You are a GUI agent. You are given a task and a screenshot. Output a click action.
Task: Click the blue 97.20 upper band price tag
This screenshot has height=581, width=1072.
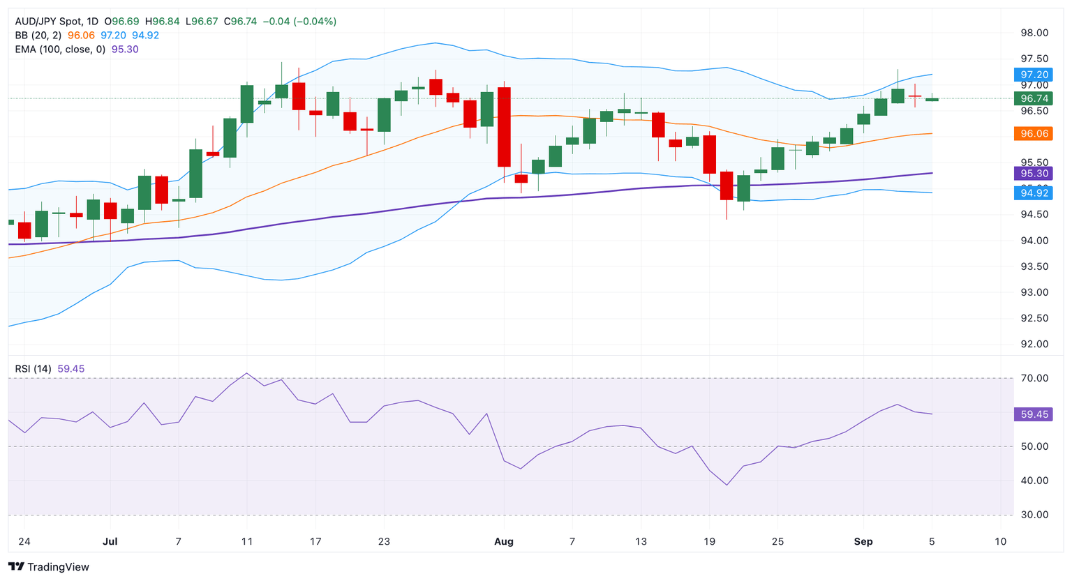(x=1034, y=75)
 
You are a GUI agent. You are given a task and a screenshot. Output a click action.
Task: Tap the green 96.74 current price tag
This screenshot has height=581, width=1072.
(x=1034, y=99)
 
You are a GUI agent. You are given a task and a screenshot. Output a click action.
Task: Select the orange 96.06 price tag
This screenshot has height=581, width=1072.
(x=1034, y=133)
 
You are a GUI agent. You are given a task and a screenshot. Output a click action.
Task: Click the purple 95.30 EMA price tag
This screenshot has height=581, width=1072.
(x=1034, y=174)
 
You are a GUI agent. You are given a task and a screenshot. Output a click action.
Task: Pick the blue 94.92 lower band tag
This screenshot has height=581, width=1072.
(x=1034, y=193)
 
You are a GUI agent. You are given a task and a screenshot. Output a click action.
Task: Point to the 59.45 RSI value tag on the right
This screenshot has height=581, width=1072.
(x=1034, y=414)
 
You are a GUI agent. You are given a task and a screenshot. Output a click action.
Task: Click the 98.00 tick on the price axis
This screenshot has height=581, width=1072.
(x=1034, y=33)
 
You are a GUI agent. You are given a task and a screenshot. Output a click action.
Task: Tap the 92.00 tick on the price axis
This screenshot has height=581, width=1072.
(x=1034, y=344)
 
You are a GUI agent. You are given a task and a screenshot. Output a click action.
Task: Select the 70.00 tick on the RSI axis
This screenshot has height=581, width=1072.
(x=1034, y=378)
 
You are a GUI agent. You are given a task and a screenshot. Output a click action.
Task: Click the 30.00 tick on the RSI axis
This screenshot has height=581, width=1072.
(x=1034, y=515)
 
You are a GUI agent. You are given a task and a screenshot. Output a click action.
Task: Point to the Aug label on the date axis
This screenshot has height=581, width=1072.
(x=503, y=541)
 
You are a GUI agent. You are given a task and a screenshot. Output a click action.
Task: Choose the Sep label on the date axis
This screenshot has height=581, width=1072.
(x=863, y=541)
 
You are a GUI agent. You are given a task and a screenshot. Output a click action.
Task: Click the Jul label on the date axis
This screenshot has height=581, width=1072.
(x=110, y=541)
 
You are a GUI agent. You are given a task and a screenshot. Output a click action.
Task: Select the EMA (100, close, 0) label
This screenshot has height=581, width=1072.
(x=60, y=50)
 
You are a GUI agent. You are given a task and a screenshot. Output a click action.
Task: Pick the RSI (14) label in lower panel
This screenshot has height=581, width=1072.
(x=33, y=368)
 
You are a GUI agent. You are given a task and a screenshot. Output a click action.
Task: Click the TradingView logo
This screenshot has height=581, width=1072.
(x=49, y=567)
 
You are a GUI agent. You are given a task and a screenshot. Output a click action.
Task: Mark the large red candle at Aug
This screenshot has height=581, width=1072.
(x=504, y=127)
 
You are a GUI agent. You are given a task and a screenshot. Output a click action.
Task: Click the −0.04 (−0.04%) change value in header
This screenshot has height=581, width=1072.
(x=299, y=22)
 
